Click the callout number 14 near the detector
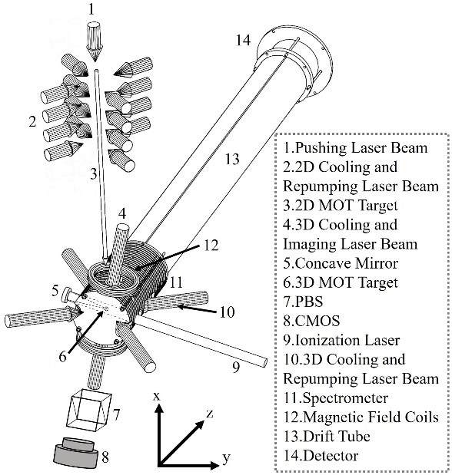tap(244, 40)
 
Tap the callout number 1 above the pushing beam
tap(91, 9)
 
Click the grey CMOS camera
tap(76, 452)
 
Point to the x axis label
tap(157, 396)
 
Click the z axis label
tap(210, 413)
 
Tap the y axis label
tap(227, 458)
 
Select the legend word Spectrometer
tap(345, 398)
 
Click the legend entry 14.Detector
tap(321, 456)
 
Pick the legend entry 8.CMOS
tap(311, 321)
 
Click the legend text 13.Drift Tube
tap(327, 436)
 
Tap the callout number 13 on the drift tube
tap(232, 159)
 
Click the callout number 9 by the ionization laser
tap(236, 367)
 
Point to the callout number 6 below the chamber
tap(62, 356)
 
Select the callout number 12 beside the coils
tap(211, 245)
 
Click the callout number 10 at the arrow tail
tap(228, 312)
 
